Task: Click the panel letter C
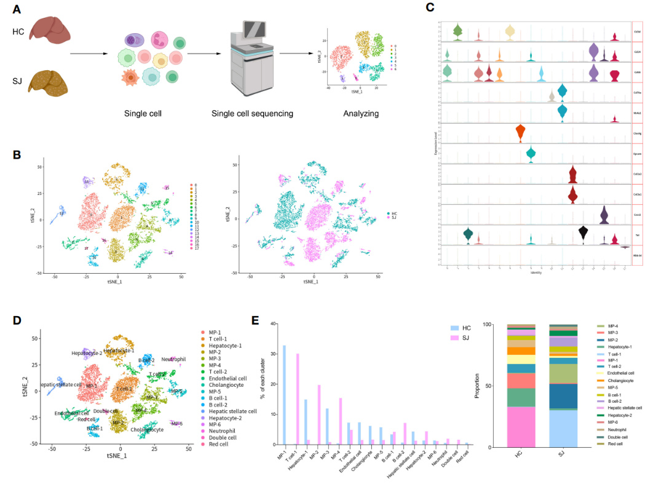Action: (x=430, y=8)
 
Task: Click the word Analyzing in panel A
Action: (x=362, y=113)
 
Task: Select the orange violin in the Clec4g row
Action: (x=520, y=132)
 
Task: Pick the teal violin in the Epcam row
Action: (x=531, y=154)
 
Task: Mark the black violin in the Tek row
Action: (x=583, y=233)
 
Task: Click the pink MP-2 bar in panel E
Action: (x=319, y=415)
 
